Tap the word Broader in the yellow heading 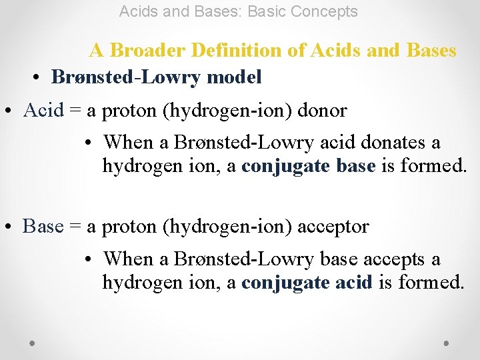(x=139, y=51)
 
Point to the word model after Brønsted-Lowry (x=234, y=77)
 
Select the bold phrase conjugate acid (x=307, y=283)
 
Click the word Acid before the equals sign (x=43, y=111)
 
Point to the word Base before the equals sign (x=43, y=227)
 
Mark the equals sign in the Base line (x=75, y=227)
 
